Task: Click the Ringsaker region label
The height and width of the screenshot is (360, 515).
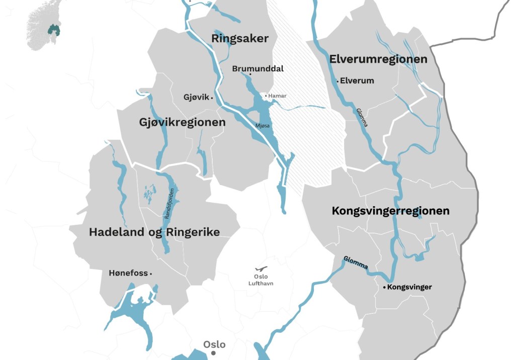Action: tap(240, 39)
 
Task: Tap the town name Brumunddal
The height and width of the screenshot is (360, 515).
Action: tap(257, 68)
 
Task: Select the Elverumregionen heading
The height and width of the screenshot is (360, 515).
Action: tap(378, 59)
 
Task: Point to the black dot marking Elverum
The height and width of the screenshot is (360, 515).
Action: tap(337, 80)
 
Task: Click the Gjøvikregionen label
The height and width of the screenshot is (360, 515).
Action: tap(182, 122)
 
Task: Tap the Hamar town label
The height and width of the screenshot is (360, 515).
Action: tap(277, 96)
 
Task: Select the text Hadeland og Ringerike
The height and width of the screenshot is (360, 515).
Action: tap(154, 232)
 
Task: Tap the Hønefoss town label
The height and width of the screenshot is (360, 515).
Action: tap(128, 273)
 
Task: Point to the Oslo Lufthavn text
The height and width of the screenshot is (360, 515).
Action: tap(261, 280)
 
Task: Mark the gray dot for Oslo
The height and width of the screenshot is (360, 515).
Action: tap(213, 353)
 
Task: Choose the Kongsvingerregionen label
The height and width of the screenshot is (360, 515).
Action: tap(390, 211)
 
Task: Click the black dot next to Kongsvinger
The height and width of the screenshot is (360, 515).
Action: tap(385, 287)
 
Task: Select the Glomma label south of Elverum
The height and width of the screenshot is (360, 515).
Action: tap(362, 118)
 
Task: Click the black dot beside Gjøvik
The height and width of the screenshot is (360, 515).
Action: tap(212, 98)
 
